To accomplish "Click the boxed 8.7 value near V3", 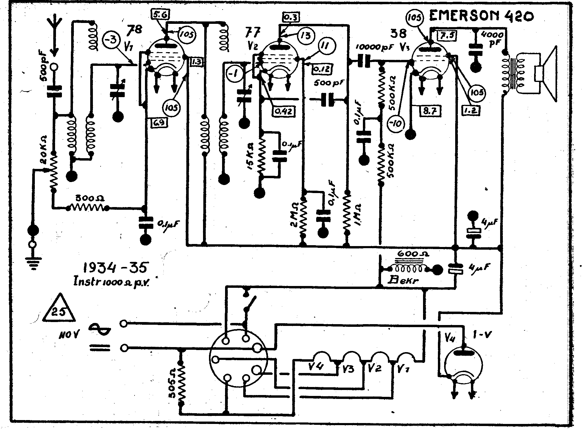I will (x=429, y=111).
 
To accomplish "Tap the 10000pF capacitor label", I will (x=374, y=47).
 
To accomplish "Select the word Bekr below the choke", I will (x=404, y=280).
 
